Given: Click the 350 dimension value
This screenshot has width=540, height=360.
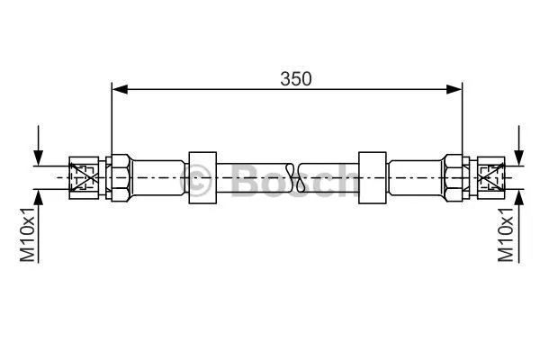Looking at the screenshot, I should coord(295,78).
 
